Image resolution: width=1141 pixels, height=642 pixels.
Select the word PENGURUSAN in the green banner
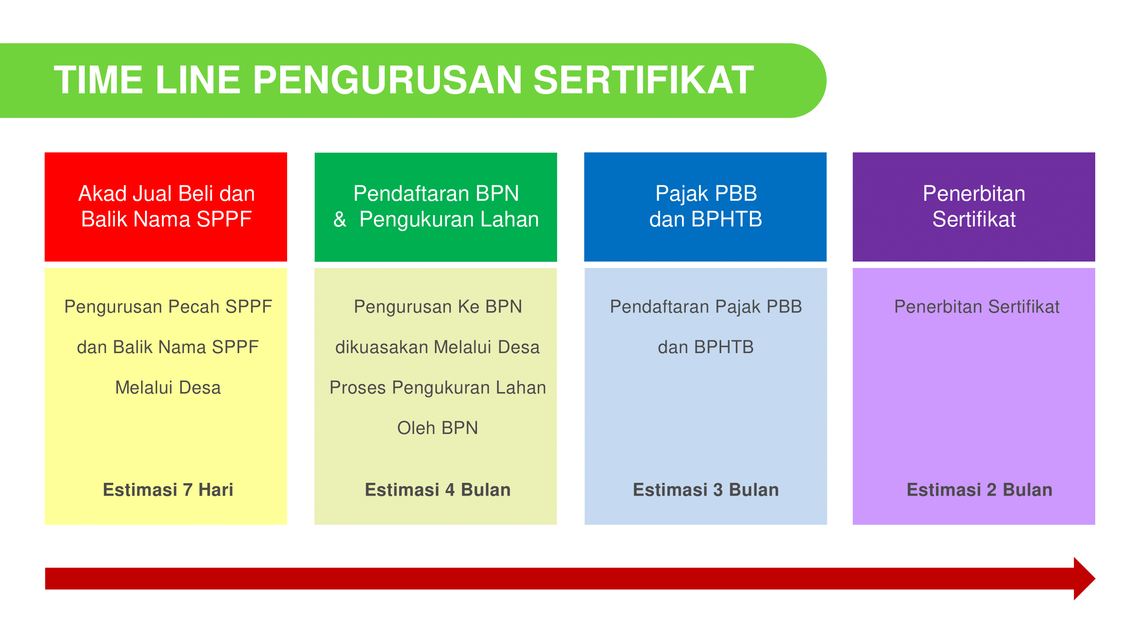click(x=388, y=80)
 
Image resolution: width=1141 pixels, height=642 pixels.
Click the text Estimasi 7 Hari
click(x=168, y=490)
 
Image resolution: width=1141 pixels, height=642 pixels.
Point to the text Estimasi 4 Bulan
click(x=438, y=490)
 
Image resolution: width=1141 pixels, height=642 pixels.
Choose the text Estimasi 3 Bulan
click(x=705, y=490)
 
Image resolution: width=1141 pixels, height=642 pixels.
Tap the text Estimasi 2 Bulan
click(x=979, y=490)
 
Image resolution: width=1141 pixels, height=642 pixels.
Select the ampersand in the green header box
click(x=340, y=219)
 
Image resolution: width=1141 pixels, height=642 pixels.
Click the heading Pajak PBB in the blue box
click(x=706, y=193)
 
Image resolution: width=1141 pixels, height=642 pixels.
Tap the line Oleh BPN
click(x=438, y=428)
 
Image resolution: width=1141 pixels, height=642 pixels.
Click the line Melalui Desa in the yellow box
click(x=168, y=388)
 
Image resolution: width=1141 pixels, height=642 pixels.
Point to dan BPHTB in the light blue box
click(x=705, y=348)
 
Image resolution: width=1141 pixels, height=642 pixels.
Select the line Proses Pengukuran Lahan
click(x=438, y=388)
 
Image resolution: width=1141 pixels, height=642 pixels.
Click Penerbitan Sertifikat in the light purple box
click(x=977, y=306)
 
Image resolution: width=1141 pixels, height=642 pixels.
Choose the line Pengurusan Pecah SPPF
click(x=168, y=306)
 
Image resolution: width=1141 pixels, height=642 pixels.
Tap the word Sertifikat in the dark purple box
click(x=974, y=219)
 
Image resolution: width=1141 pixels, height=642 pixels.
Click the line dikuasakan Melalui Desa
click(x=438, y=348)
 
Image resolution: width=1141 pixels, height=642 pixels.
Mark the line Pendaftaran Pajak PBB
click(x=705, y=306)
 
